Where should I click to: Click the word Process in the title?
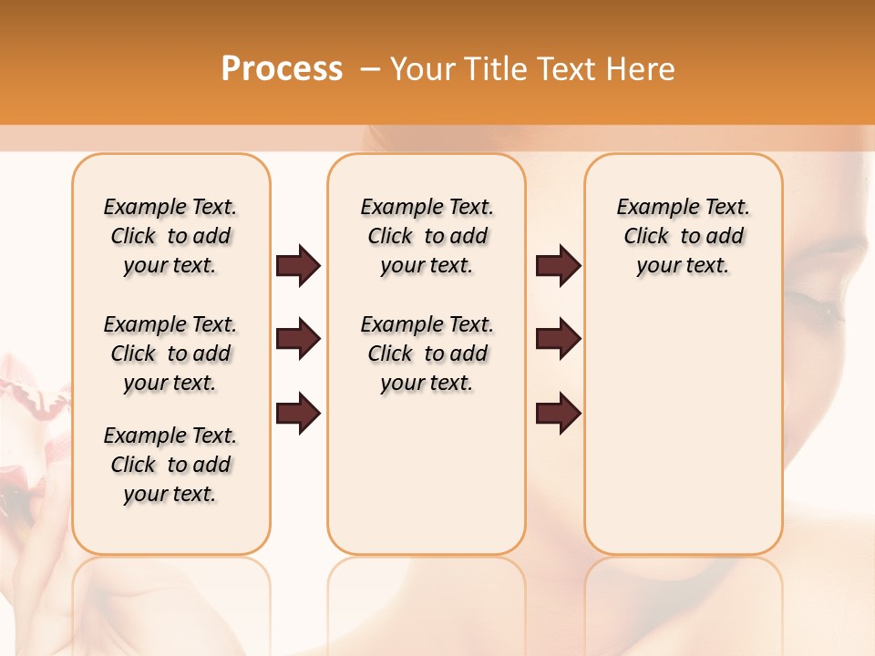click(282, 69)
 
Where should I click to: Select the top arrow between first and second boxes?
click(298, 265)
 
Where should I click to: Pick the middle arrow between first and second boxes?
click(298, 339)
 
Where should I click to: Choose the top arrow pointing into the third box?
click(558, 265)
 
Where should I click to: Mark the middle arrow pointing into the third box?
click(558, 339)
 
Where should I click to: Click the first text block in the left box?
click(170, 236)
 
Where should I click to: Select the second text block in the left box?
click(170, 354)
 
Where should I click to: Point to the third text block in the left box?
click(170, 465)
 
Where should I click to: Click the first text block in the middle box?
click(427, 236)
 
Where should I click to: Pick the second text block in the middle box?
click(427, 354)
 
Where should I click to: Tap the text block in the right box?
click(683, 236)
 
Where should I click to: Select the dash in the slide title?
click(370, 69)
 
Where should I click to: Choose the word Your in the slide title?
click(424, 69)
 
